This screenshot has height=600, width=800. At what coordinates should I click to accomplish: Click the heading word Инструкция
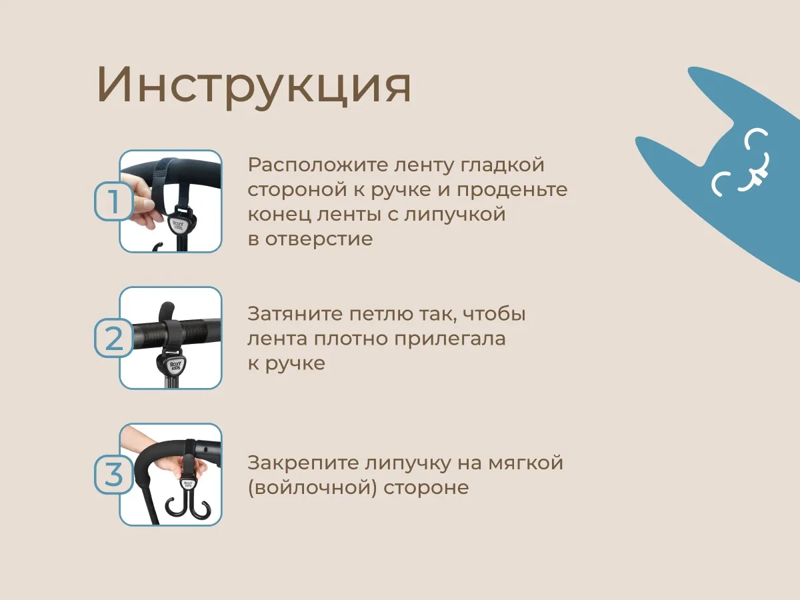coord(254,86)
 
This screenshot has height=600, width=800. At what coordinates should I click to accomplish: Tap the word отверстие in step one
coord(319,239)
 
